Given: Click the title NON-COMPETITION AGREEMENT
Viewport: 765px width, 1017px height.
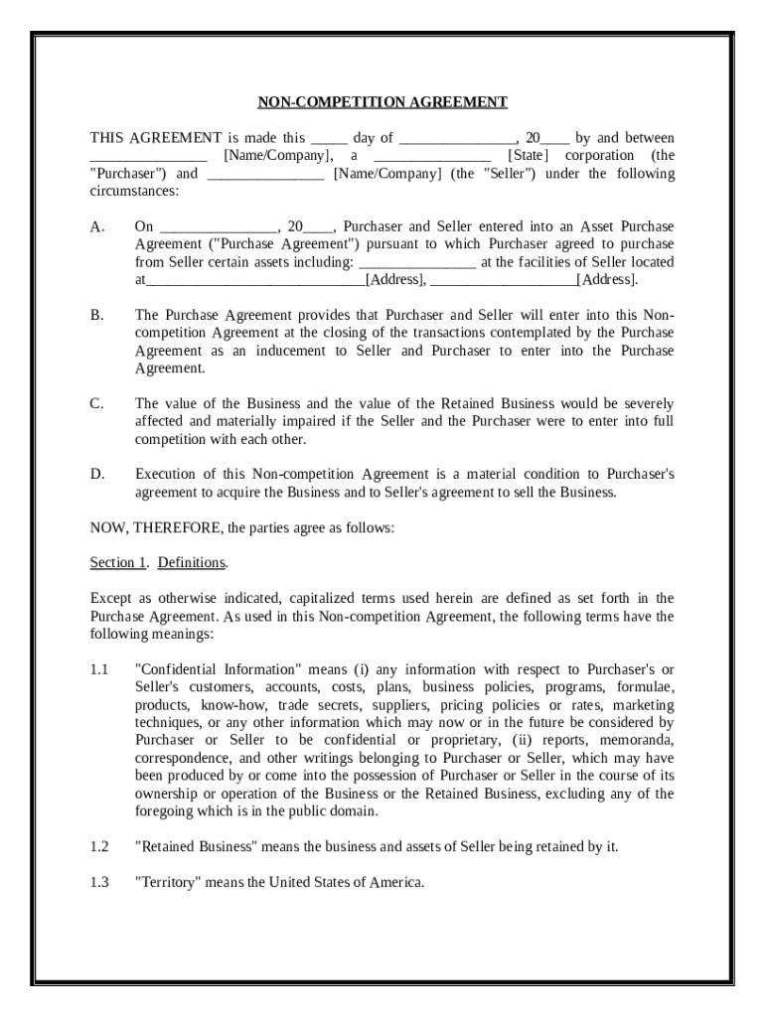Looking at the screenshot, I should click(382, 102).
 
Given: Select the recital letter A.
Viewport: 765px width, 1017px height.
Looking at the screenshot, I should click(96, 226).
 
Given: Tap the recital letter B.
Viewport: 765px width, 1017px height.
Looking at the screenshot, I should click(96, 315).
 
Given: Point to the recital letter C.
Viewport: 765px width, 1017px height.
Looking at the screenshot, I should click(96, 404).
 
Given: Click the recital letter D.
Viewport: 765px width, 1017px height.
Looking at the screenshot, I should click(97, 475).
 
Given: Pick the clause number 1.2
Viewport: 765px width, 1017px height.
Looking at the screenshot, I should click(98, 846).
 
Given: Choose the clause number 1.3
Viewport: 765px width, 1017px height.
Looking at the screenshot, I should click(98, 882).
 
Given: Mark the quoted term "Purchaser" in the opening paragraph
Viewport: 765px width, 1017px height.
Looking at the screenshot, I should click(129, 174).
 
